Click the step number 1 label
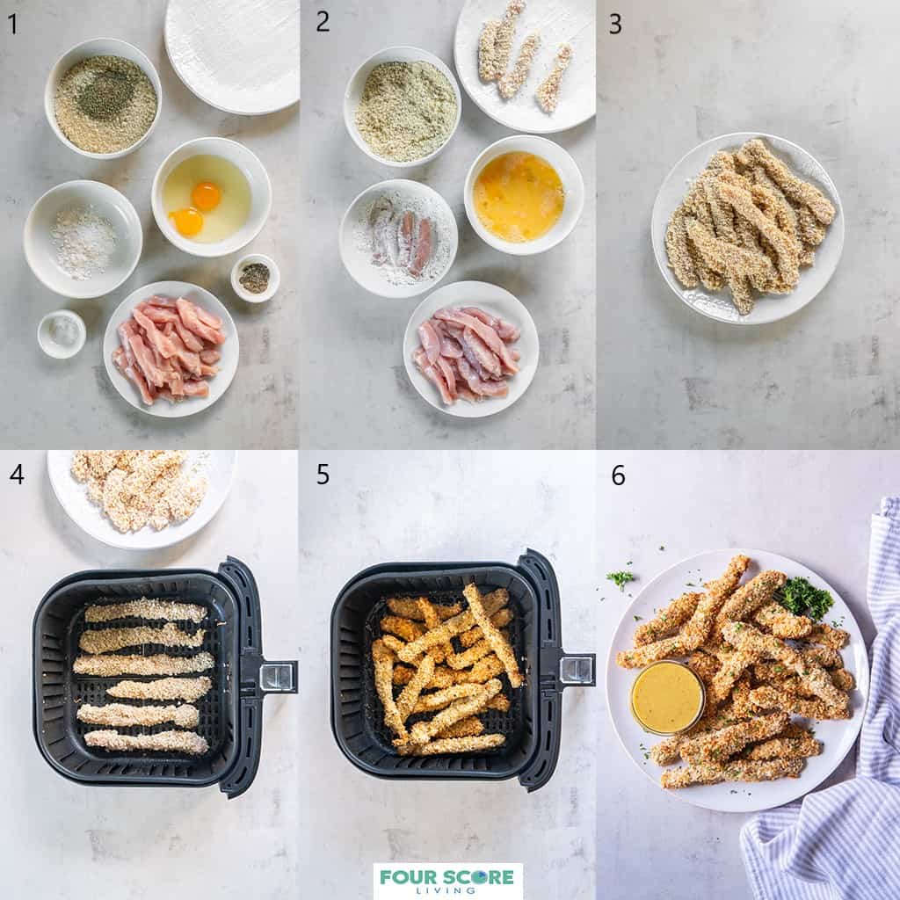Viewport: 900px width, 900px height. coord(12,24)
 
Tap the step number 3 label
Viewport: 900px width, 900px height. coord(615,24)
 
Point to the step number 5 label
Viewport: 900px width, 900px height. coord(323,475)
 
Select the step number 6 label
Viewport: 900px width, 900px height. coord(618,475)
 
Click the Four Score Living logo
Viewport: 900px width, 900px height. coord(447,880)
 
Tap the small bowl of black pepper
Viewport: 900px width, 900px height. coord(255,278)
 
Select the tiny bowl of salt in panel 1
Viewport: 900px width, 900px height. coord(62,333)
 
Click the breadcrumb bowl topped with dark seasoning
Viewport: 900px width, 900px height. coord(104,101)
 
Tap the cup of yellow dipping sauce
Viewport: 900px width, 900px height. coord(667,697)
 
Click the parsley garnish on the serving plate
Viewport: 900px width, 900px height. coord(803,598)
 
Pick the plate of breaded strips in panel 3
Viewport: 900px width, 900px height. coord(747,228)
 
